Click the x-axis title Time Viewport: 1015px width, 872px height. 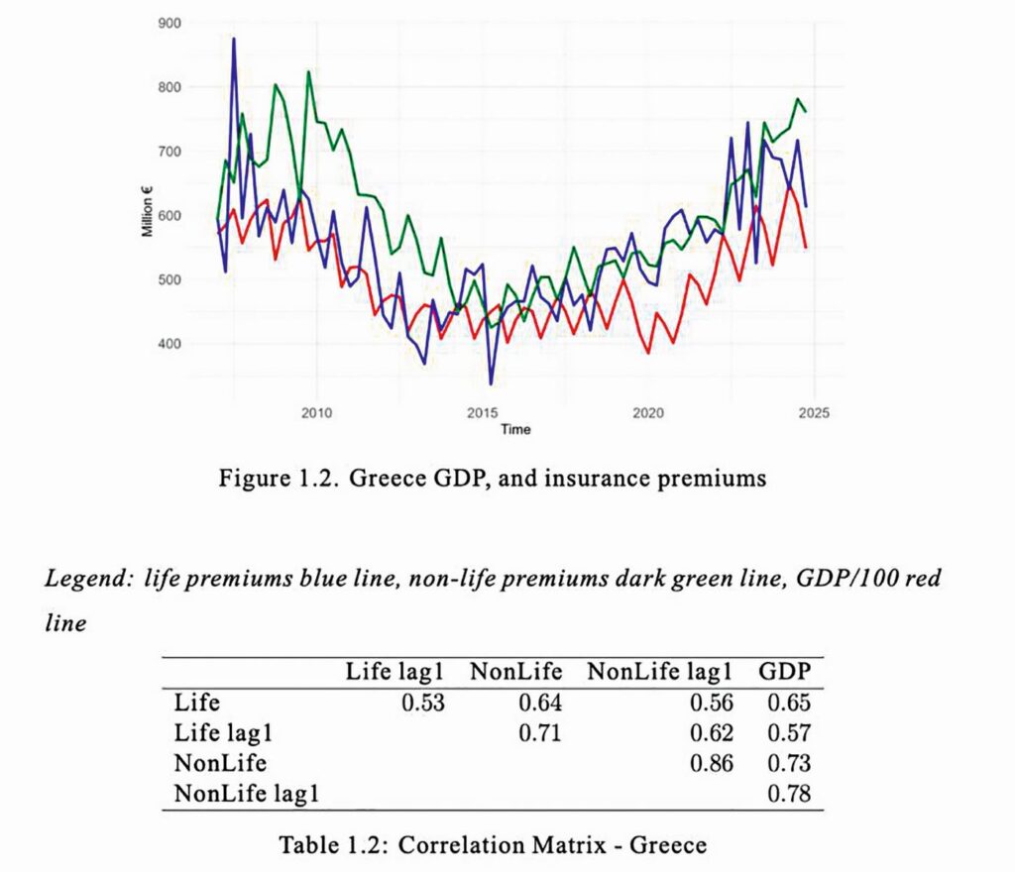point(514,429)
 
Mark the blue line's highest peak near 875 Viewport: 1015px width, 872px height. point(234,39)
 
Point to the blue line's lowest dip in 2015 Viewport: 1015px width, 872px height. point(491,383)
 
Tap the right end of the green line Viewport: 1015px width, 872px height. point(806,111)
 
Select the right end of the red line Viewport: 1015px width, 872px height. point(806,248)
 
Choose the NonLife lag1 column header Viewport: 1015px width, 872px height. point(660,671)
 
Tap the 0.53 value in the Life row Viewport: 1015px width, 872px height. point(424,704)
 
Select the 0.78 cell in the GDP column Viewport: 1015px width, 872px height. point(791,794)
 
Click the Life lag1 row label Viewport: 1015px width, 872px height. point(215,734)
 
